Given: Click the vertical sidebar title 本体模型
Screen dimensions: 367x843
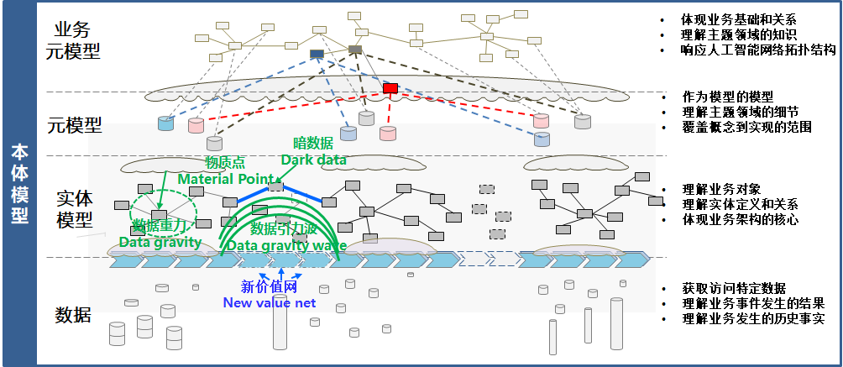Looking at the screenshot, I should click(18, 183).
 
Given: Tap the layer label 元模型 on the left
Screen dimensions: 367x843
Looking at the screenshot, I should click(75, 126).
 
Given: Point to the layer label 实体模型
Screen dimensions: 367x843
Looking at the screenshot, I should click(75, 209).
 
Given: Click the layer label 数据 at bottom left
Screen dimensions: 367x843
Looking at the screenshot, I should click(73, 315).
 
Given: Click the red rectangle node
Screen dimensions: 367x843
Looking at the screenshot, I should click(390, 87).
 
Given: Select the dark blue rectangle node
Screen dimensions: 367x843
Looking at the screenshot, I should click(317, 54).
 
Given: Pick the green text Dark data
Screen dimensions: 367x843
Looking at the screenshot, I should click(306, 160).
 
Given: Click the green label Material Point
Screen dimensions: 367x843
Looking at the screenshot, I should click(227, 179).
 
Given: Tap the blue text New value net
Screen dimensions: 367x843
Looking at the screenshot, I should click(269, 302).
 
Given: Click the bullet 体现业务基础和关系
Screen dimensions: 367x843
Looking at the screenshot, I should click(739, 19).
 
